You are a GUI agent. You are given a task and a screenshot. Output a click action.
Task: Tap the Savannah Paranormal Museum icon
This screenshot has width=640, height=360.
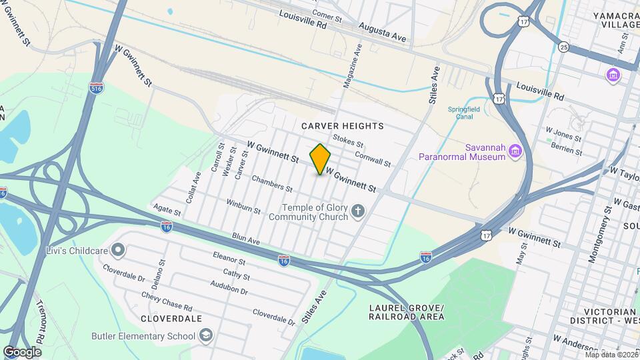tap(514, 151)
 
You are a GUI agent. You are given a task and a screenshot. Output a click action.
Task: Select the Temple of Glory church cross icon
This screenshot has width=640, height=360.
tap(358, 212)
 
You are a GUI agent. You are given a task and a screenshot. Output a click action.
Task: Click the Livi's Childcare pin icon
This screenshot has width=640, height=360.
tap(118, 250)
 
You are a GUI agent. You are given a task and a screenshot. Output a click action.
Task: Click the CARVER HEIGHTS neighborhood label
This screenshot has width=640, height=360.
tap(342, 126)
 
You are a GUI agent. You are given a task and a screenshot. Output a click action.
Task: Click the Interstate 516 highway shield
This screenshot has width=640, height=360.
tap(97, 87)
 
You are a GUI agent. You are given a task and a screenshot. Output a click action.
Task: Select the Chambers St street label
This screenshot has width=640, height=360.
tap(272, 184)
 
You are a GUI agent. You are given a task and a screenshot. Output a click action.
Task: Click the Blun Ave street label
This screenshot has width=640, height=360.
tap(245, 238)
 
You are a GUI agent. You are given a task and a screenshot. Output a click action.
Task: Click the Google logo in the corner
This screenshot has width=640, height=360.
tap(23, 351)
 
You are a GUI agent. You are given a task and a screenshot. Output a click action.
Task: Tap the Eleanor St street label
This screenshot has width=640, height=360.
tap(230, 257)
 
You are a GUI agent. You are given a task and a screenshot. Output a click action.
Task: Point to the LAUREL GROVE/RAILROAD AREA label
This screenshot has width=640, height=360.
tap(405, 311)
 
